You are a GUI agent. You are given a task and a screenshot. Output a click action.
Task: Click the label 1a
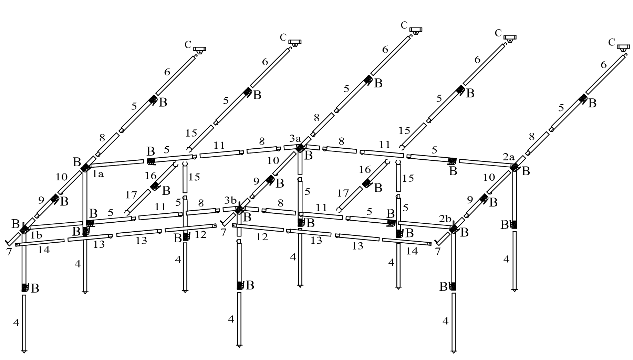click(x=98, y=174)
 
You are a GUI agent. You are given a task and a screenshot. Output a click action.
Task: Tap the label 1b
click(x=36, y=235)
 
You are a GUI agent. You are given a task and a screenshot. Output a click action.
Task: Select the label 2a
click(x=508, y=157)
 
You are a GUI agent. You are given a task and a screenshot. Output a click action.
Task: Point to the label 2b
click(x=445, y=219)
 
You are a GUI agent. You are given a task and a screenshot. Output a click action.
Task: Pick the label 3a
click(x=295, y=139)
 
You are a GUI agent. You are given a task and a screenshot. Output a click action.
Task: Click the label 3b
click(x=230, y=200)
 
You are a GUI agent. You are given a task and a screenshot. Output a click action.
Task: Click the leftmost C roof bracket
click(x=199, y=50)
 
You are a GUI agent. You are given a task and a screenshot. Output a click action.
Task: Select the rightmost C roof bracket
click(x=623, y=47)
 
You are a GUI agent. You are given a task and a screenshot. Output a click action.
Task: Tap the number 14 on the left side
click(x=44, y=250)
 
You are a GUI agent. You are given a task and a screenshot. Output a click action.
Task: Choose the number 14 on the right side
click(x=412, y=251)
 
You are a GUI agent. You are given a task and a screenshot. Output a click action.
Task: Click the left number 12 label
click(x=200, y=235)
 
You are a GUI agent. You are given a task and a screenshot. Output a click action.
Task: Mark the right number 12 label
click(x=262, y=237)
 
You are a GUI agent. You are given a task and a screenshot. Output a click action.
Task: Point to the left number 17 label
click(x=131, y=195)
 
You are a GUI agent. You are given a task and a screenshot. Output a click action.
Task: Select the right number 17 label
click(x=343, y=193)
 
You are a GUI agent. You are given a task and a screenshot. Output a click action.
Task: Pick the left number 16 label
click(x=151, y=176)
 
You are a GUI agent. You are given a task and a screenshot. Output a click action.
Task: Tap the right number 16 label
click(x=365, y=169)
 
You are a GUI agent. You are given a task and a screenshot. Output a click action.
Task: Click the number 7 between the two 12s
click(x=224, y=232)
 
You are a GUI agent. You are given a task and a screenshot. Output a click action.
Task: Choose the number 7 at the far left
click(x=9, y=252)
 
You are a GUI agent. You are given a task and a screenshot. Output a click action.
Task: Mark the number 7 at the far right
click(x=438, y=252)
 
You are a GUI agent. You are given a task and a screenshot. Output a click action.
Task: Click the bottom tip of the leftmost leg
click(x=24, y=352)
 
